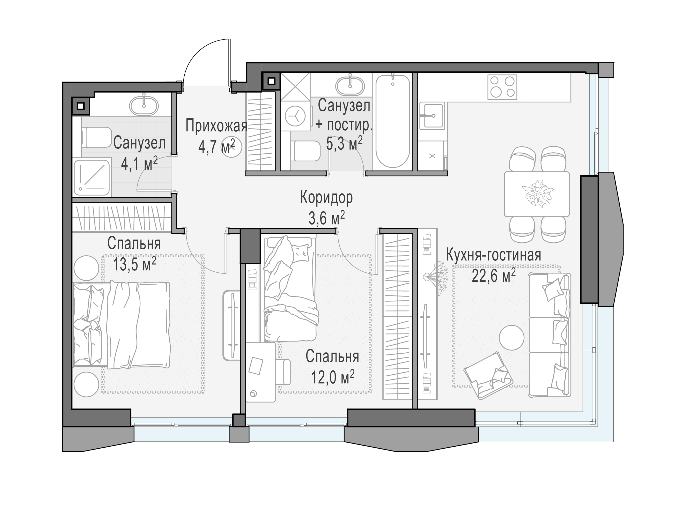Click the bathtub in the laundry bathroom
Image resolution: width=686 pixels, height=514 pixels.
point(393,121)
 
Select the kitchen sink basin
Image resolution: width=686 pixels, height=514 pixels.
point(432,116)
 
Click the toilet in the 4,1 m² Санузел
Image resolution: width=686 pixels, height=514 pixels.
point(96,137)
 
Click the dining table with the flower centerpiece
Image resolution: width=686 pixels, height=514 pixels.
point(537,194)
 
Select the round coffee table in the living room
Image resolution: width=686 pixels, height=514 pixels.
point(511,337)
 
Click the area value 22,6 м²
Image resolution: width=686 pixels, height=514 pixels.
point(494,276)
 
